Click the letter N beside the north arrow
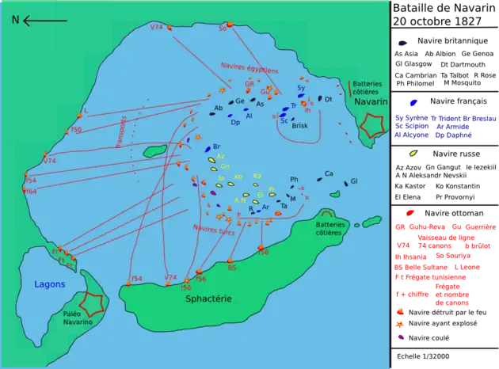click(x=14, y=21)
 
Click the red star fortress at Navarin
click(x=371, y=124)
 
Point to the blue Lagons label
click(x=49, y=283)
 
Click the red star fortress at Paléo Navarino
click(x=92, y=302)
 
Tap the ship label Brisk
click(x=299, y=126)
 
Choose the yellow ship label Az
click(x=221, y=156)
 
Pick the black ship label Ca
click(x=329, y=173)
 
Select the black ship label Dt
click(x=328, y=99)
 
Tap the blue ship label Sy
click(x=301, y=88)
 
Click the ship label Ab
click(x=218, y=108)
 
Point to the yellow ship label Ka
click(x=257, y=176)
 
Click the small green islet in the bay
click(x=155, y=149)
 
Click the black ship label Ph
click(x=294, y=180)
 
